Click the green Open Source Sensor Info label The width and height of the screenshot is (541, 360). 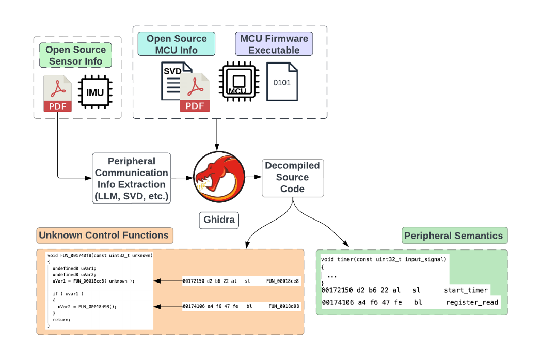pyautogui.click(x=75, y=55)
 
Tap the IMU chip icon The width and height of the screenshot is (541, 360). pyautogui.click(x=94, y=93)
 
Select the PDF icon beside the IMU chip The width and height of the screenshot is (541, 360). pyautogui.click(x=58, y=93)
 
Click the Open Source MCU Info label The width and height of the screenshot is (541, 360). pyautogui.click(x=177, y=44)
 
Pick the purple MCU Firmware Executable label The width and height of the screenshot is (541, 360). pyautogui.click(x=274, y=44)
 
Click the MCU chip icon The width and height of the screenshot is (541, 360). pyautogui.click(x=238, y=81)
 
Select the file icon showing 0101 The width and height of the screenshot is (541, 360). pyautogui.click(x=282, y=81)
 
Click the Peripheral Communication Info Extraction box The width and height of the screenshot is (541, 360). pyautogui.click(x=131, y=178)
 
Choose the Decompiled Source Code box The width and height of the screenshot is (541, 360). pyautogui.click(x=293, y=177)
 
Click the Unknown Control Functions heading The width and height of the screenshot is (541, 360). pyautogui.click(x=104, y=236)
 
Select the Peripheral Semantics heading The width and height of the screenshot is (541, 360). pyautogui.click(x=453, y=236)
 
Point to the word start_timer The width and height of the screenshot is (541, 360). pyautogui.click(x=466, y=290)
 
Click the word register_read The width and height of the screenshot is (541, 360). pyautogui.click(x=472, y=302)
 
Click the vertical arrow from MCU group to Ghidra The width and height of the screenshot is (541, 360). pyautogui.click(x=217, y=134)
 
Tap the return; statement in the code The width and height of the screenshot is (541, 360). pyautogui.click(x=61, y=320)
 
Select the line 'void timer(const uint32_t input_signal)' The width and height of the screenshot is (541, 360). pyautogui.click(x=383, y=259)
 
